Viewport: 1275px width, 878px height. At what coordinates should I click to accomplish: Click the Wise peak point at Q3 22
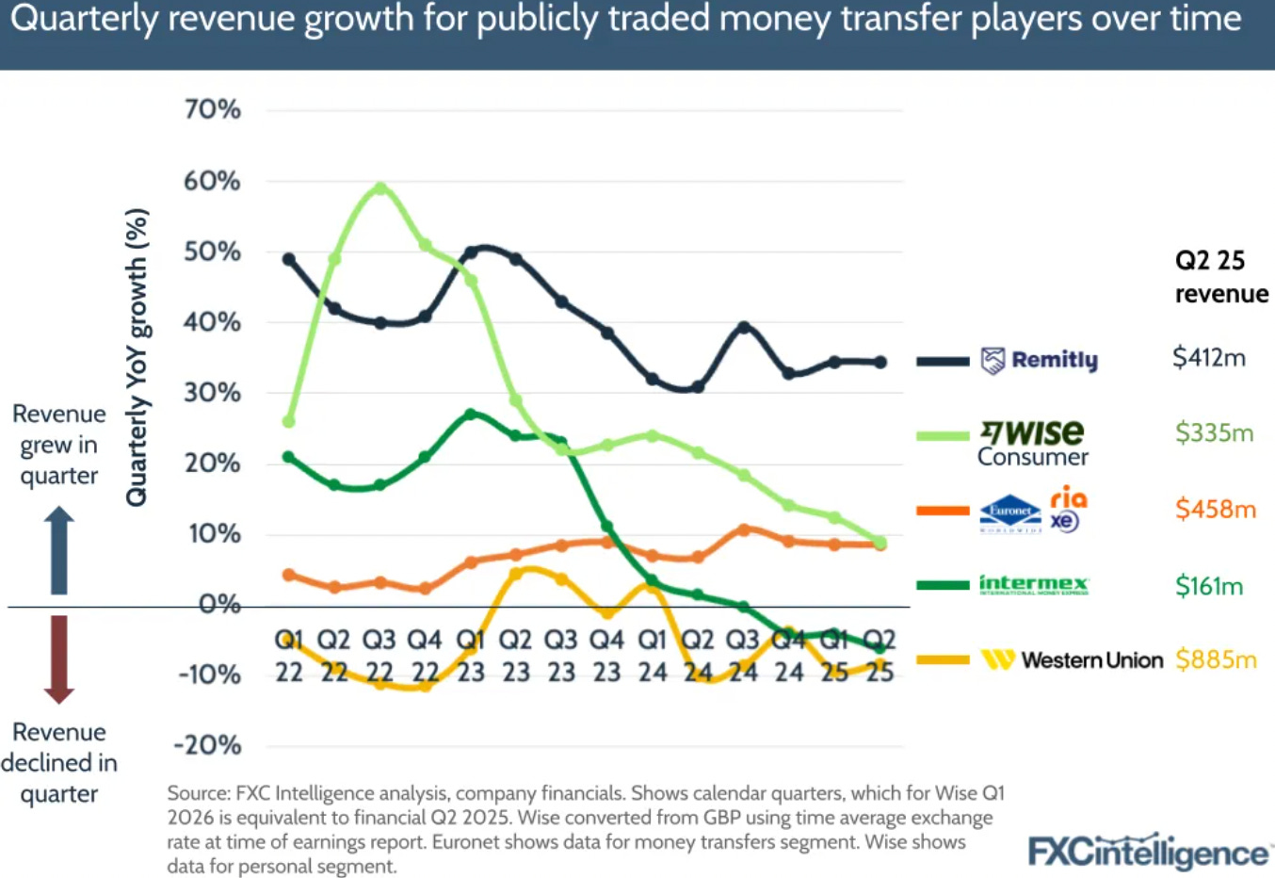click(379, 188)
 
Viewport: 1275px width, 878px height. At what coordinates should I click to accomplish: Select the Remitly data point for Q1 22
click(289, 259)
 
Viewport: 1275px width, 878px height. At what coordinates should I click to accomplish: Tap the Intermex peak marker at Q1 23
click(471, 415)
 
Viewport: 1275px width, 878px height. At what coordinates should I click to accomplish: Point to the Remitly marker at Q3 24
click(744, 327)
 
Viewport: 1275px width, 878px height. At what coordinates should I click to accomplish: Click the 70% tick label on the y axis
click(213, 109)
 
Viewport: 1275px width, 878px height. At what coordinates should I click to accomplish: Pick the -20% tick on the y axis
click(208, 745)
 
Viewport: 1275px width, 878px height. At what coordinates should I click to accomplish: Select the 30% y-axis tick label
click(213, 393)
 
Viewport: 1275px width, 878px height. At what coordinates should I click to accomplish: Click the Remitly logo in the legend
click(1040, 360)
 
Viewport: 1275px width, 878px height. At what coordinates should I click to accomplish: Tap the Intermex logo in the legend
click(1033, 585)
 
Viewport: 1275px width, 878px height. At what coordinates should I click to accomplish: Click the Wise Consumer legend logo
click(1032, 443)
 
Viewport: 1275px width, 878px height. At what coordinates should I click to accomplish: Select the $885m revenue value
click(1216, 660)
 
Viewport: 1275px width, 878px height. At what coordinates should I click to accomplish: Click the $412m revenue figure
click(1209, 358)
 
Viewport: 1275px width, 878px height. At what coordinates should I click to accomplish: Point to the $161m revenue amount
click(1209, 586)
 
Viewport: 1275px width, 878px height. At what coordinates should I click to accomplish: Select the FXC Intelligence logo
click(1148, 852)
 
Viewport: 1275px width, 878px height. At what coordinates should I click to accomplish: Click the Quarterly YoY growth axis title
click(137, 357)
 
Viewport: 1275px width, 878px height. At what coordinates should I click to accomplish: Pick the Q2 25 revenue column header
click(1220, 277)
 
